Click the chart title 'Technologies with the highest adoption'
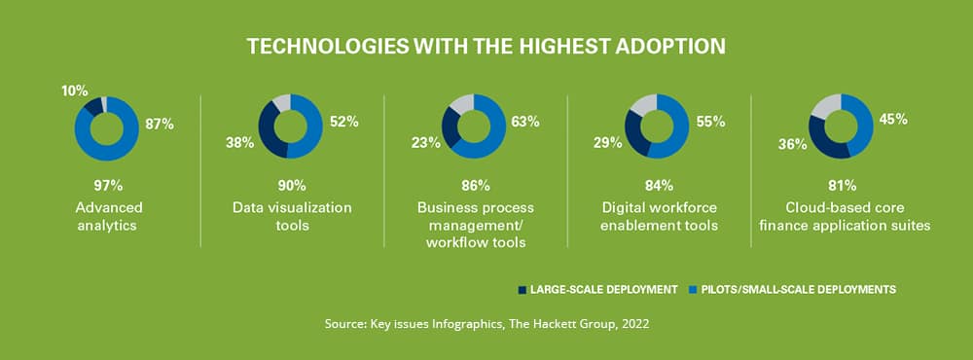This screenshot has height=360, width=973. click(x=486, y=47)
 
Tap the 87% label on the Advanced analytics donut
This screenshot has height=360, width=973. click(x=160, y=124)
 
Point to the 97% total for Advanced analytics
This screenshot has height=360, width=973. click(x=108, y=185)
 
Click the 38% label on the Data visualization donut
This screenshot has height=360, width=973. click(x=240, y=143)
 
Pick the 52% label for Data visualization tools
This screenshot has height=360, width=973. click(x=344, y=122)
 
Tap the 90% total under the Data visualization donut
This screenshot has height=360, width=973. click(x=292, y=185)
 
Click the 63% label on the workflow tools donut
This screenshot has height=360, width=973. click(x=525, y=122)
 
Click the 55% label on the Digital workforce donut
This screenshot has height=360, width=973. click(x=709, y=122)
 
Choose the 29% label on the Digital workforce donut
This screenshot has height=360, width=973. click(x=608, y=143)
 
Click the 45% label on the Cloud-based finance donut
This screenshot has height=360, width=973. click(x=892, y=120)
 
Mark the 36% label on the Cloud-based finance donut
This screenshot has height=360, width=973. click(x=792, y=145)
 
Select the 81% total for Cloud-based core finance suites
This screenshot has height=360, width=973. click(x=842, y=185)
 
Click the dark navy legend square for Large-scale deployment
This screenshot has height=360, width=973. click(x=523, y=289)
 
